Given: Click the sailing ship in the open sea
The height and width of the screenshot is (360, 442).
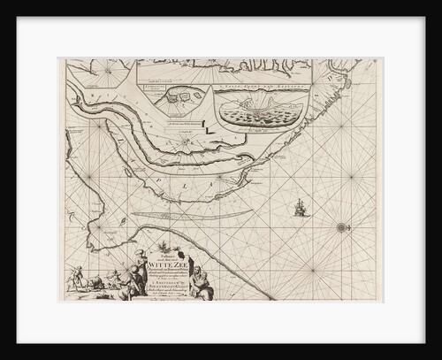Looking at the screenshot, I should coord(299,209).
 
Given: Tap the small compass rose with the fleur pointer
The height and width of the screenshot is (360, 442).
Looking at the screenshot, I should coord(341,227).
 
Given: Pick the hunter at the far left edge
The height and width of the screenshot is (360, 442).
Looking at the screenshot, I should coord(78,275).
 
